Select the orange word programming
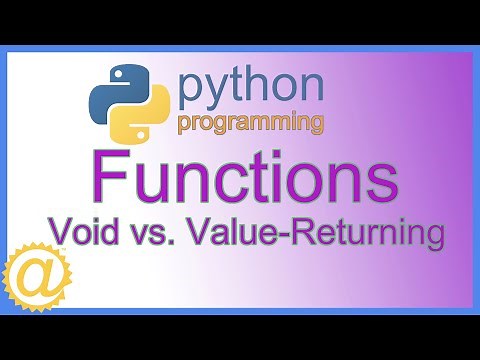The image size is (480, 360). coord(250,123)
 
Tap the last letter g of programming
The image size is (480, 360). coord(315,125)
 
